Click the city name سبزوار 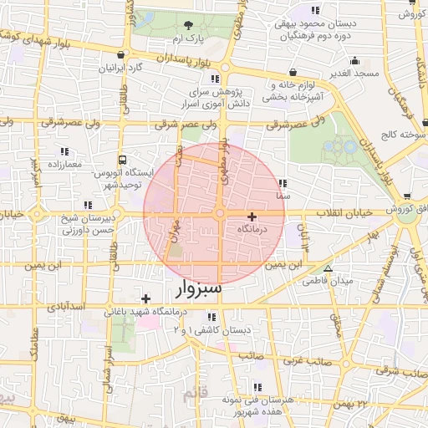[x=199, y=290]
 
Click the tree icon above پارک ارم [x=188, y=25]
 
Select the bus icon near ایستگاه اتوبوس [x=123, y=159]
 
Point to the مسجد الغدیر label [x=354, y=74]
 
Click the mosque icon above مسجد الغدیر [x=354, y=60]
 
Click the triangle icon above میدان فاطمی [x=328, y=268]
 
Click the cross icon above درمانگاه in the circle [x=252, y=216]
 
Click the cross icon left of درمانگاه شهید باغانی [x=145, y=298]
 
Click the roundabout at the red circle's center [x=219, y=214]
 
